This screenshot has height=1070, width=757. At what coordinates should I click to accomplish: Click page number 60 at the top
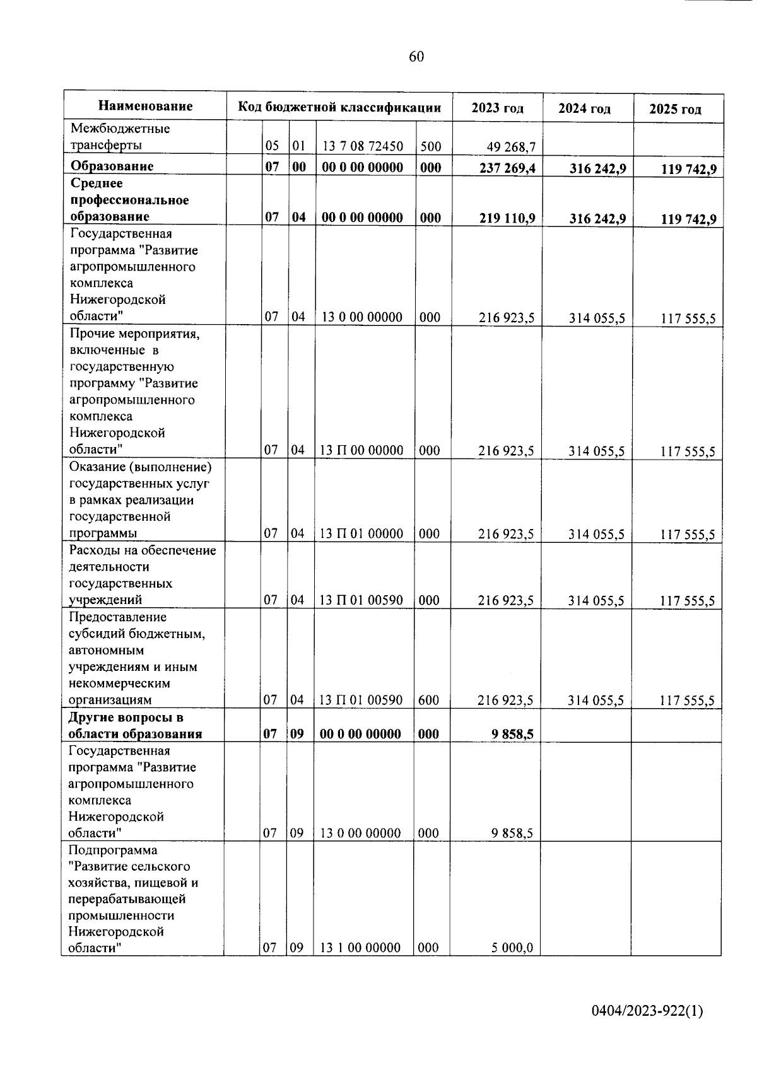click(x=416, y=57)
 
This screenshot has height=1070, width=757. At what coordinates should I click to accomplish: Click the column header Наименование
click(x=145, y=106)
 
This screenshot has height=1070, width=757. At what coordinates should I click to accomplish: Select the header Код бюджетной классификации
click(x=339, y=107)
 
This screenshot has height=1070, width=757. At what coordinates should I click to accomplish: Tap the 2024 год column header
click(x=585, y=108)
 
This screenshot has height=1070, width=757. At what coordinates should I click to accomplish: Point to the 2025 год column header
click(x=676, y=109)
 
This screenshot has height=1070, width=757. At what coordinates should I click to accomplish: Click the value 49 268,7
click(x=511, y=148)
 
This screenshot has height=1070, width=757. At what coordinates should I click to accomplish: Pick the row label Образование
click(x=112, y=166)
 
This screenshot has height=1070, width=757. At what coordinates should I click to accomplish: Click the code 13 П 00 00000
click(x=361, y=450)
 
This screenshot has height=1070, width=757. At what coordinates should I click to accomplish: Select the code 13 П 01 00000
click(x=361, y=533)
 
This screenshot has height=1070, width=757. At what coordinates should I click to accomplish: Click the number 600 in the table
click(x=429, y=700)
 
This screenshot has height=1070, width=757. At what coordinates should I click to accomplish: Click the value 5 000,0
click(x=512, y=948)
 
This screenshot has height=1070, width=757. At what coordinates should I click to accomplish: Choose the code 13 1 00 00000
click(x=360, y=948)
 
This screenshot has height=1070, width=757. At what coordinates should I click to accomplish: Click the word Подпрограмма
click(x=113, y=850)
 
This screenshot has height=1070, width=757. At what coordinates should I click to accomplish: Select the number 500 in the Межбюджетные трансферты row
click(x=431, y=147)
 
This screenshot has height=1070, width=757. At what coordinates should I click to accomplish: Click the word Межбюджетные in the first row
click(x=120, y=129)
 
